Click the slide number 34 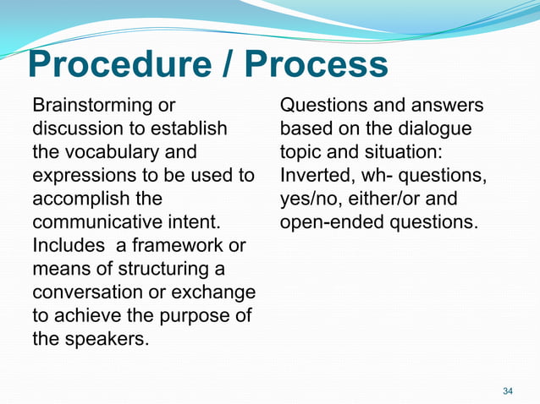508,390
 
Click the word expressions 81,177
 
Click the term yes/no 310,200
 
